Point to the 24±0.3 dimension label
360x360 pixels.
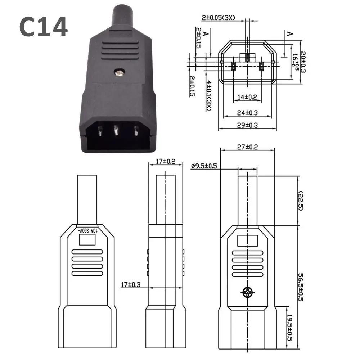tap(247, 112)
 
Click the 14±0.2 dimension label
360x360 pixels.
tap(247, 97)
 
